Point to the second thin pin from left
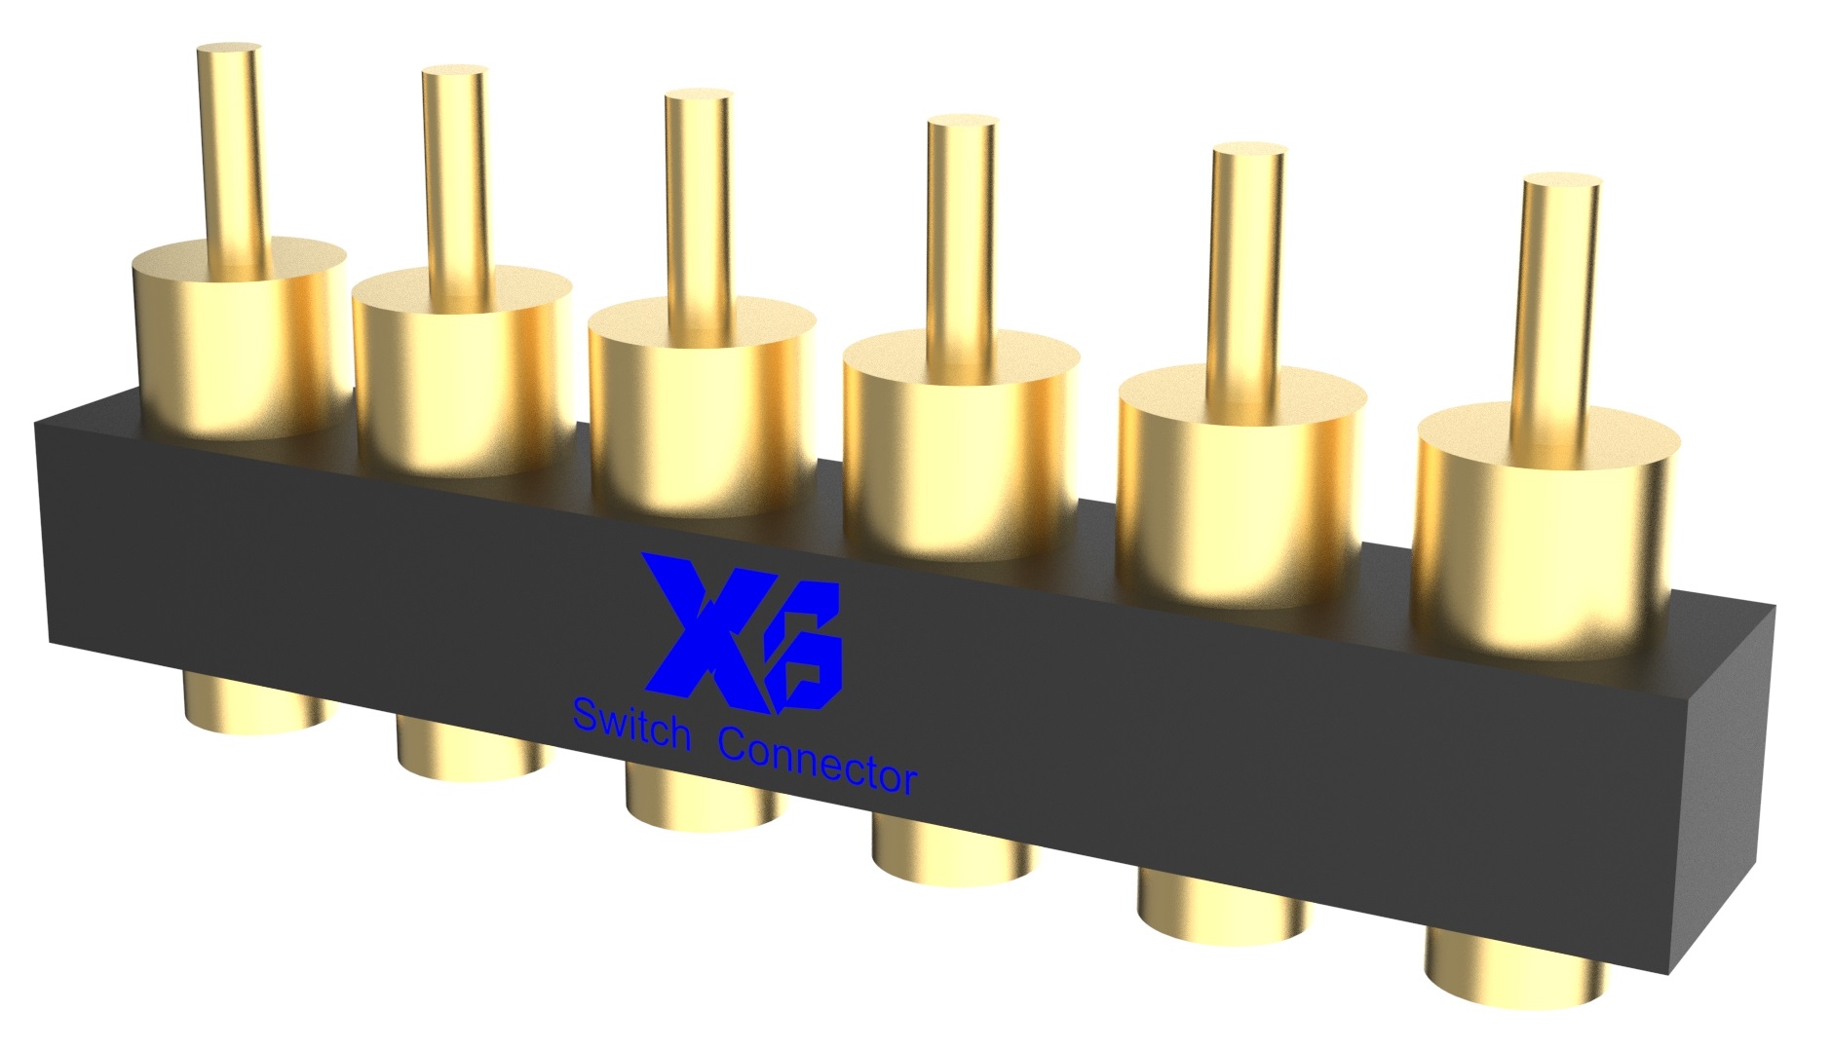click(455, 170)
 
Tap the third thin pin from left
click(698, 200)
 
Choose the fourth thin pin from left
click(961, 229)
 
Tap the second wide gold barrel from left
click(463, 375)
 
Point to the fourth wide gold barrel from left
click(960, 448)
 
